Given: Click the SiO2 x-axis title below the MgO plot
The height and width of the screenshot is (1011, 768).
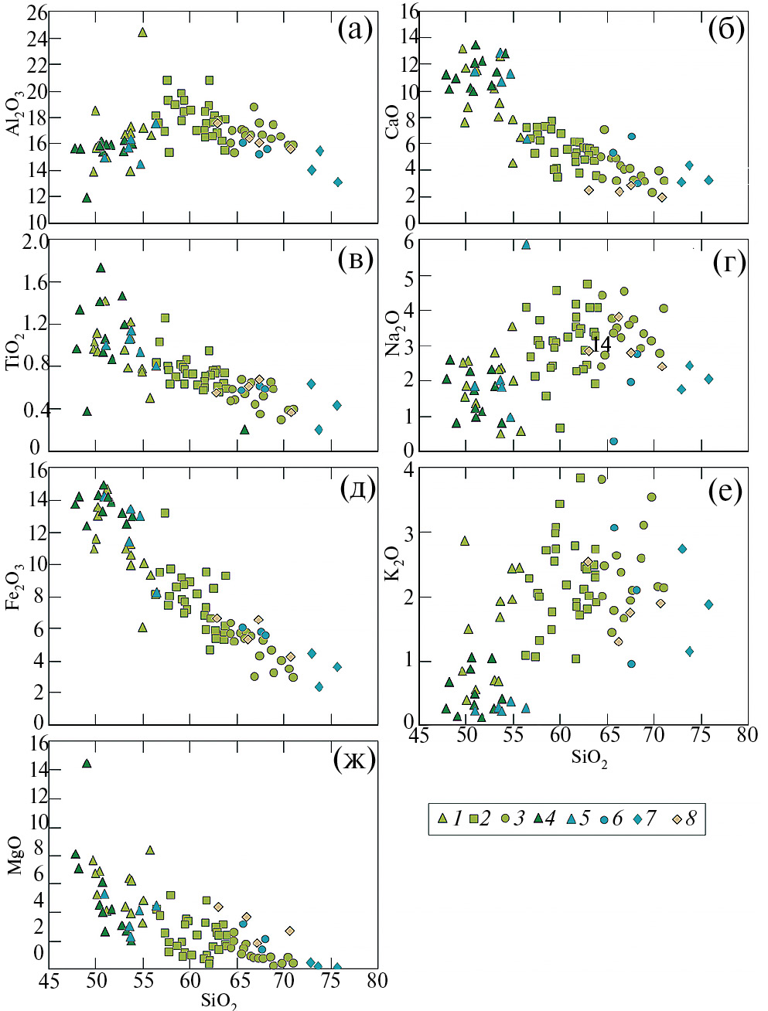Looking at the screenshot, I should tap(219, 1001).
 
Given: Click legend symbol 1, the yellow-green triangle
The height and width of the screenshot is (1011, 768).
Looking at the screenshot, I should tap(443, 819).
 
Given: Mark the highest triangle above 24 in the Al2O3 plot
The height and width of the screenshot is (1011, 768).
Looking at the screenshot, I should tap(142, 32).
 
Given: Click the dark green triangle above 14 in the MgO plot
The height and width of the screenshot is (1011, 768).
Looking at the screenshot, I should tap(87, 764).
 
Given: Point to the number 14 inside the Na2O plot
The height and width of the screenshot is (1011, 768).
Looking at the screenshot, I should tap(600, 345).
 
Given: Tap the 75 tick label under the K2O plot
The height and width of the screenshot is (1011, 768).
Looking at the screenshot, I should tap(700, 734).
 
